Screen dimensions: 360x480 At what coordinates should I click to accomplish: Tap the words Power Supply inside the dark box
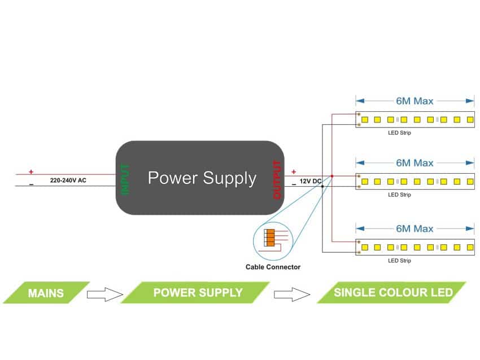tap(202, 178)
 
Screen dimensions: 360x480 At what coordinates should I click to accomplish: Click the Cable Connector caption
tap(273, 267)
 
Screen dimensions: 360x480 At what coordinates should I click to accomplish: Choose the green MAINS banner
tap(46, 293)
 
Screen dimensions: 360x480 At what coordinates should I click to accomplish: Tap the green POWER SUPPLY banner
tap(198, 293)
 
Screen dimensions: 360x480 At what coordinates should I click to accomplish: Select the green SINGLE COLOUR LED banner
tap(392, 293)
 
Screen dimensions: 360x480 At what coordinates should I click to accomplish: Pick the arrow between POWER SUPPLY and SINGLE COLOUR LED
tap(293, 294)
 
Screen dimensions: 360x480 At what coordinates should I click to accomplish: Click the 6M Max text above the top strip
tap(414, 101)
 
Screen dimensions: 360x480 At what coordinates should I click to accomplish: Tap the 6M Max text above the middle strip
tap(414, 163)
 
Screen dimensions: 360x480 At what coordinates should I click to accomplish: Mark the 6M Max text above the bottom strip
tap(414, 229)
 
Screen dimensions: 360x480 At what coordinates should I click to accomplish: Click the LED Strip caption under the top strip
tap(399, 133)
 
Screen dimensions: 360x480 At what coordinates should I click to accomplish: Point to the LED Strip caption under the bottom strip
tap(399, 261)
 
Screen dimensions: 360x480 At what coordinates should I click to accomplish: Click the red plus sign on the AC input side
tap(31, 172)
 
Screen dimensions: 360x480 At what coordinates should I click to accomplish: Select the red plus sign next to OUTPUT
tap(293, 172)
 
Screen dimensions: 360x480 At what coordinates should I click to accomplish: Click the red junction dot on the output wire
tap(331, 176)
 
